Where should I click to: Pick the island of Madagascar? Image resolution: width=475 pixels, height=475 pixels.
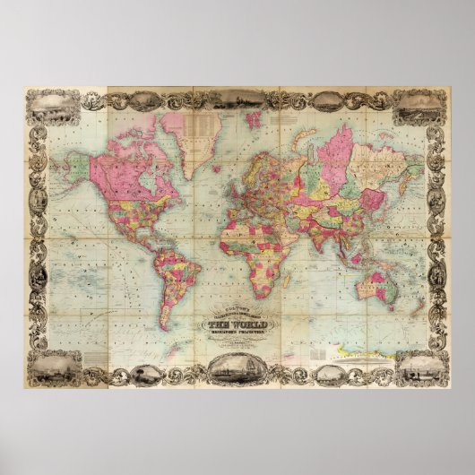point(294,274)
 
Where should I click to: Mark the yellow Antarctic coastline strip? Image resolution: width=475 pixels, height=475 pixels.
point(367,342)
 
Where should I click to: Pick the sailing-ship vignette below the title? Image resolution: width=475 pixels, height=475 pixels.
point(236,367)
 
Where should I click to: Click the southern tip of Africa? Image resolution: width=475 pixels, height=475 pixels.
point(265,296)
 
